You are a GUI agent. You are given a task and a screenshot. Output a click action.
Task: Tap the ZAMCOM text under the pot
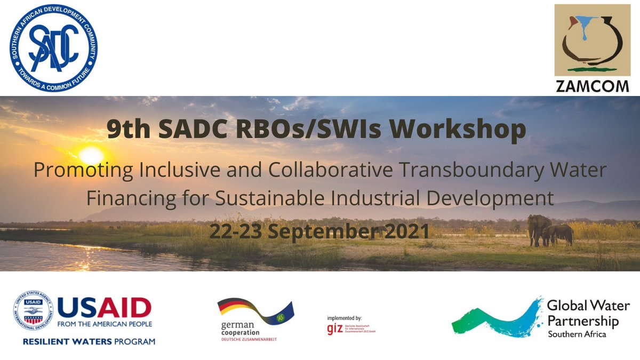592,86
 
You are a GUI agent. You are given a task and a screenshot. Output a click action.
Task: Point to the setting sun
90,155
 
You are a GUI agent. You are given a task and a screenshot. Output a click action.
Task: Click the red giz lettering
334,329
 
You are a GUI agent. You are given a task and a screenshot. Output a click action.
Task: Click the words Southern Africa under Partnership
577,334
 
